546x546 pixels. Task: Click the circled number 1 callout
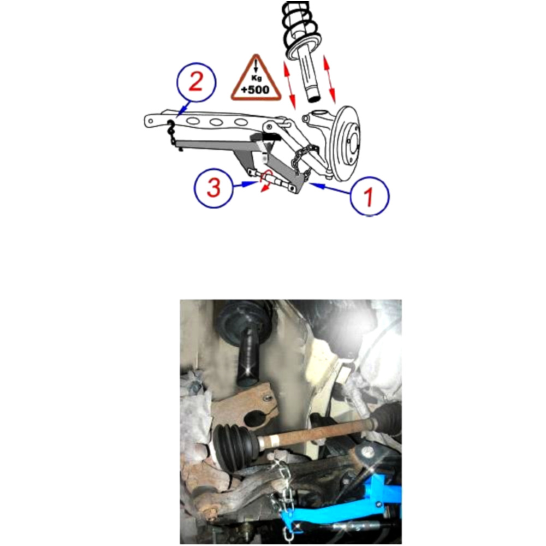click(369, 195)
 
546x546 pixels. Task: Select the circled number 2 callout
click(196, 82)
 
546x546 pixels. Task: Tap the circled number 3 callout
click(213, 188)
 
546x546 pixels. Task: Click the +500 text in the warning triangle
click(256, 90)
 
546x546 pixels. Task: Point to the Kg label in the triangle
click(256, 78)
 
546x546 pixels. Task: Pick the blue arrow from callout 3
click(245, 185)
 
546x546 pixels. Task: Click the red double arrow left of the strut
click(289, 84)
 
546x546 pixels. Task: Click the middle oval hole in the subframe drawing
click(216, 122)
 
